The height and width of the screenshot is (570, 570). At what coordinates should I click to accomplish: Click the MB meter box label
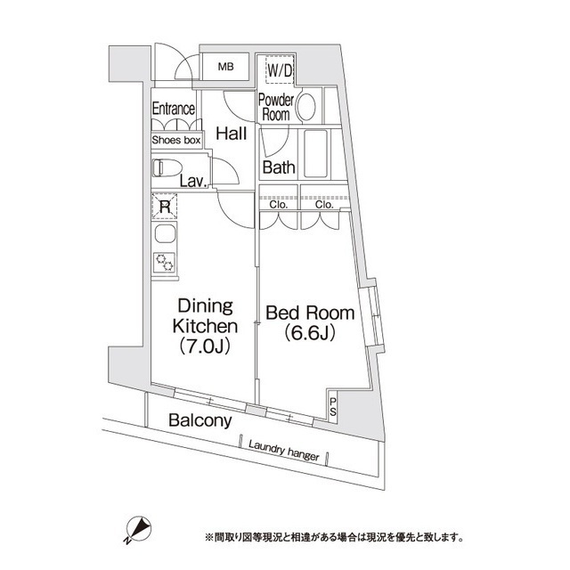click(x=225, y=67)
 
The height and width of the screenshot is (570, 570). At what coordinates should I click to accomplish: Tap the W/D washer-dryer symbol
click(x=280, y=69)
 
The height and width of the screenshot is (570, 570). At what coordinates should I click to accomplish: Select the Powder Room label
click(x=276, y=108)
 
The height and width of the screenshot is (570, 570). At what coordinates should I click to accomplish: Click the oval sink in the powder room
click(x=306, y=107)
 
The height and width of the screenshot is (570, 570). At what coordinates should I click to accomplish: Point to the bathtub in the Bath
click(x=316, y=153)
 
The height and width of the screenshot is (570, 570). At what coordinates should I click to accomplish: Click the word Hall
click(x=232, y=134)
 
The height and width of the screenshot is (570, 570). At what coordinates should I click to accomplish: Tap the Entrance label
click(x=174, y=109)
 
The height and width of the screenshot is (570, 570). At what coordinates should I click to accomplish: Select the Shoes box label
click(x=176, y=140)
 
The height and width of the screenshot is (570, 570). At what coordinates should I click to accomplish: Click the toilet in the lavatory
click(x=167, y=168)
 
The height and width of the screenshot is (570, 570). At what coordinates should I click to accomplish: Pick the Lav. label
click(x=194, y=182)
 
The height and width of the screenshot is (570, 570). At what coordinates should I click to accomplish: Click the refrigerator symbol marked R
click(x=165, y=207)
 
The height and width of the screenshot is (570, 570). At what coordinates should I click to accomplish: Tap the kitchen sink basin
click(x=166, y=233)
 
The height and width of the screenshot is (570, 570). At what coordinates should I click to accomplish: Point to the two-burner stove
click(x=164, y=262)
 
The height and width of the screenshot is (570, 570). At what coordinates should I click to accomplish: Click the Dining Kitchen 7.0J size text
click(x=205, y=346)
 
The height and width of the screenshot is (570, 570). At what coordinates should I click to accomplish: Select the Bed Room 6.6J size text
click(x=310, y=333)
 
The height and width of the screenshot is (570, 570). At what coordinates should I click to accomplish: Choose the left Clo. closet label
click(x=279, y=204)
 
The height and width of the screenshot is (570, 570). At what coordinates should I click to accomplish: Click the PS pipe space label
click(x=333, y=407)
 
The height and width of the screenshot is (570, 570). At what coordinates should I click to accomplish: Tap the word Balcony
click(x=200, y=420)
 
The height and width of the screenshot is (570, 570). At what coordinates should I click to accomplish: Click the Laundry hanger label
click(x=284, y=451)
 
